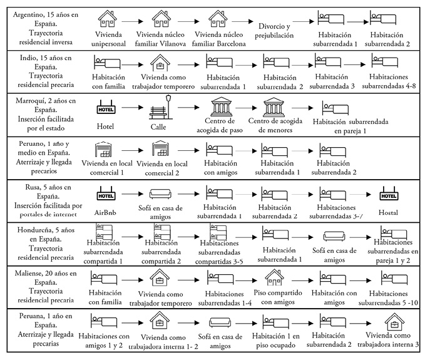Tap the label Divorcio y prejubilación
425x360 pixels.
point(274,31)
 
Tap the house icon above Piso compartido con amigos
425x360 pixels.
point(274,277)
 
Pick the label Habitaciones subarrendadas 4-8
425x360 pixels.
point(388,81)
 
